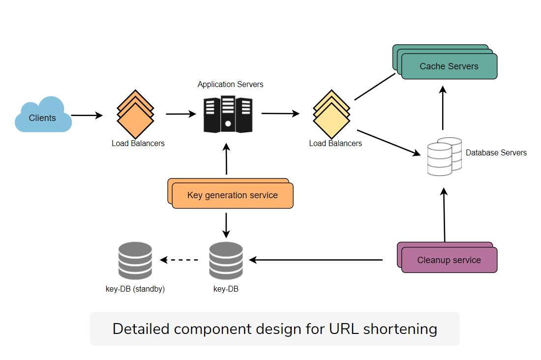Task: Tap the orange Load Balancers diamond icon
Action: click(135, 115)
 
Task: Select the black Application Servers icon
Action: click(228, 115)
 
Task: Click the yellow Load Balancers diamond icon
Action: click(331, 115)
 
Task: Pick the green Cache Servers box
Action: click(449, 66)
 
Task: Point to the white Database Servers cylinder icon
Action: click(443, 156)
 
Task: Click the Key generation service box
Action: click(232, 195)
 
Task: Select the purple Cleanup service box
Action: click(449, 260)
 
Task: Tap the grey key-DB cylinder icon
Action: click(226, 261)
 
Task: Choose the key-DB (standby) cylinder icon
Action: click(135, 261)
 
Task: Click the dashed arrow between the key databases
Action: click(180, 260)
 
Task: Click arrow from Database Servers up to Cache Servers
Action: click(443, 108)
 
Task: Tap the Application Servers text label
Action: click(230, 85)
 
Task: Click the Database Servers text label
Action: click(496, 153)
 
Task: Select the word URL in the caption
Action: click(344, 329)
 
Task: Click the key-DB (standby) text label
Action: click(135, 289)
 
